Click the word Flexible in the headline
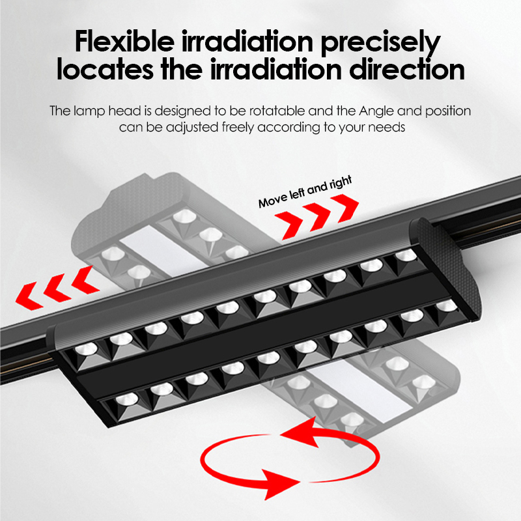[x=124, y=41]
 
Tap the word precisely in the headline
[x=380, y=43]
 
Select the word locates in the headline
[x=105, y=70]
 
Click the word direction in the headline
[x=406, y=70]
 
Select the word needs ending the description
[x=386, y=128]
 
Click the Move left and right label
[x=305, y=191]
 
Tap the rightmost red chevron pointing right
[x=346, y=208]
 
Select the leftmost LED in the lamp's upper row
[x=86, y=350]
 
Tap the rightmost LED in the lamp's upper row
[x=406, y=255]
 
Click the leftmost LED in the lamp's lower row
[x=127, y=399]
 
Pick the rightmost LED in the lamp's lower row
[x=446, y=305]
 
